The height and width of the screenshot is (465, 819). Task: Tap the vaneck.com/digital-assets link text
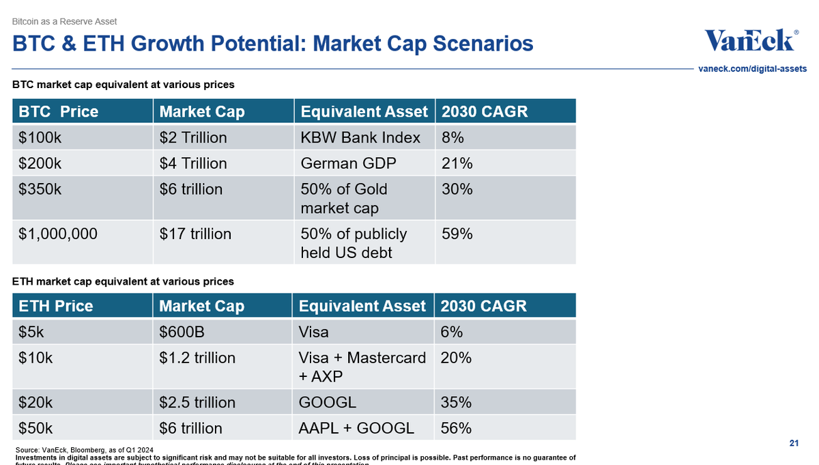[x=753, y=69]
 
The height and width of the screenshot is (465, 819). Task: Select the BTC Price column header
[x=58, y=111]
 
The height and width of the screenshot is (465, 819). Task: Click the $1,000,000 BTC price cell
[x=58, y=234]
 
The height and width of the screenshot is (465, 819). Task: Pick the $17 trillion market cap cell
[x=195, y=234]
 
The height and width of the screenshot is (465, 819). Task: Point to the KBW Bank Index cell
[x=360, y=137]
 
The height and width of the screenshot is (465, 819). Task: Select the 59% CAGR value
[x=457, y=234]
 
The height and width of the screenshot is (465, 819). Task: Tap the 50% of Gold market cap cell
[x=344, y=198]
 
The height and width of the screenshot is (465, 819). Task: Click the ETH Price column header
[x=55, y=306]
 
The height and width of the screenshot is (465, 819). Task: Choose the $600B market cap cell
[x=182, y=332]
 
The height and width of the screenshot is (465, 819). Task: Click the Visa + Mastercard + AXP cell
[x=362, y=366]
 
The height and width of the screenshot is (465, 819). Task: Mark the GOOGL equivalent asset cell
[x=328, y=402]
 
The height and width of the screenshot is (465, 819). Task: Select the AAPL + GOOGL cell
[x=356, y=428]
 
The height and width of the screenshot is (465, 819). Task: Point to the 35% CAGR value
[x=456, y=402]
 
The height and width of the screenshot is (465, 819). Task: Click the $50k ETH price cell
[x=36, y=428]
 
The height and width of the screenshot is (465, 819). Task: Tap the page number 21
[x=794, y=444]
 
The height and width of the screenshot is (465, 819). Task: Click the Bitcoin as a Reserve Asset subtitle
[x=65, y=22]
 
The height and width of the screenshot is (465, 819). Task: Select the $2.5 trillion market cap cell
[x=197, y=402]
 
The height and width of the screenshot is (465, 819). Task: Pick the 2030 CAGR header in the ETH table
[x=484, y=306]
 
